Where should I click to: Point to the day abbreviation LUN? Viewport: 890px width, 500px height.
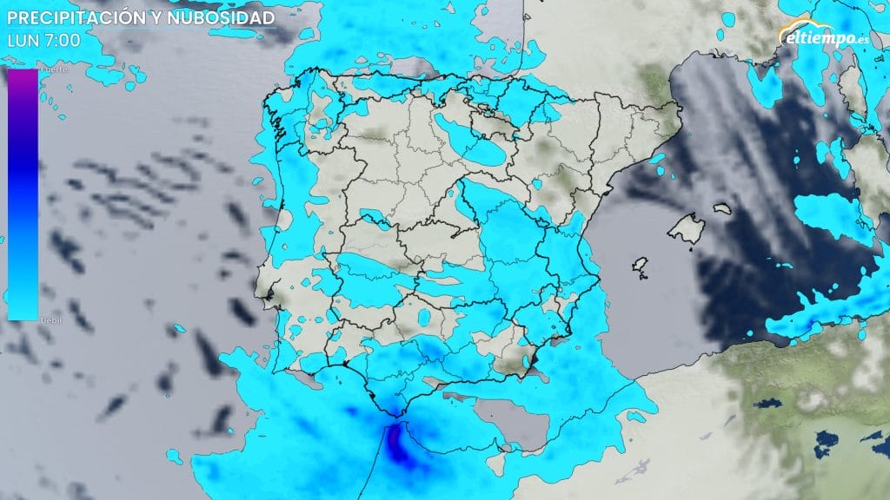20,39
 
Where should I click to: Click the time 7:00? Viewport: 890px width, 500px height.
60,39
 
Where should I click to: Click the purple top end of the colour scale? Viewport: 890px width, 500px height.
23,78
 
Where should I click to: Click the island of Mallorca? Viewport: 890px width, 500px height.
686,228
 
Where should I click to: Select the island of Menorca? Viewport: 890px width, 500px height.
724,208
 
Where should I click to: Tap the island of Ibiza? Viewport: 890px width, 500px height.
641,264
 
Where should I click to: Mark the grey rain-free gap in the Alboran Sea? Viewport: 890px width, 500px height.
513,421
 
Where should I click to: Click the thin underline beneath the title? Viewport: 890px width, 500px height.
139,29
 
